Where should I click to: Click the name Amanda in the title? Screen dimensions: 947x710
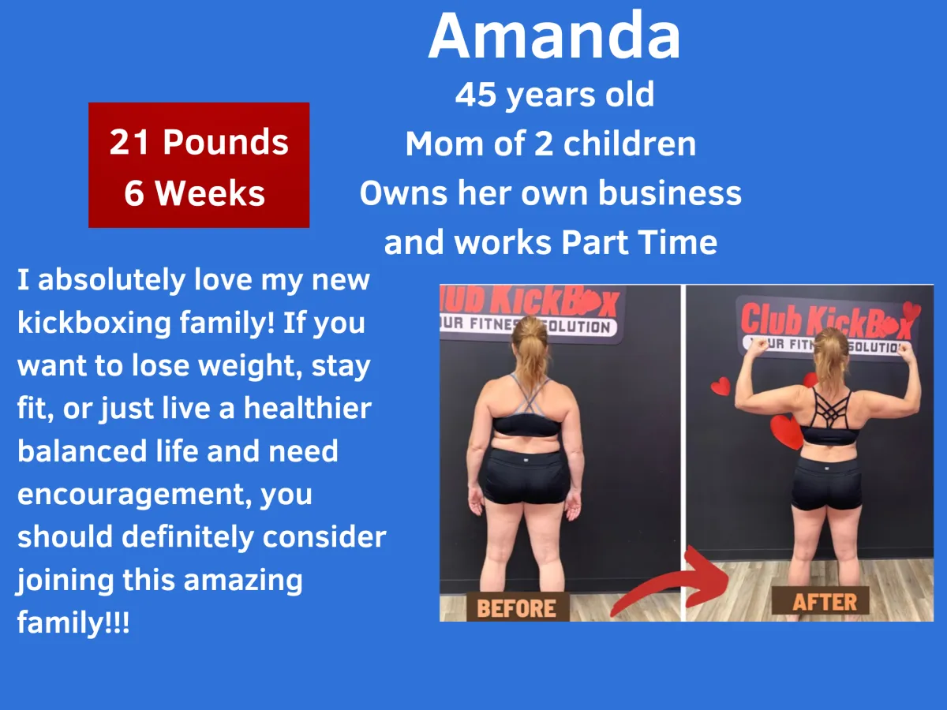[555, 35]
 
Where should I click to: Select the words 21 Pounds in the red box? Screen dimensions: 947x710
[199, 142]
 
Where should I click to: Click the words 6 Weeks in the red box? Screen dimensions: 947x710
[195, 193]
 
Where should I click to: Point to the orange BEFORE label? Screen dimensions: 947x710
[516, 608]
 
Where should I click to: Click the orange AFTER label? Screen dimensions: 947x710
[825, 601]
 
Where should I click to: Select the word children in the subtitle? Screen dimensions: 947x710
[630, 144]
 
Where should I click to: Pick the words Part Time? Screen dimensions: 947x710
[639, 242]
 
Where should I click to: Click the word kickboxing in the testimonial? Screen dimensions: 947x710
[94, 323]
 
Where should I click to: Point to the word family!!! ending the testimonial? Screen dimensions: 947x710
[73, 622]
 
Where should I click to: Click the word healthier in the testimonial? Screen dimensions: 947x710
[308, 408]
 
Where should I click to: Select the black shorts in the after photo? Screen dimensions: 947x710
[826, 484]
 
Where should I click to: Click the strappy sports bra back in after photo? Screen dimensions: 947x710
[829, 417]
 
